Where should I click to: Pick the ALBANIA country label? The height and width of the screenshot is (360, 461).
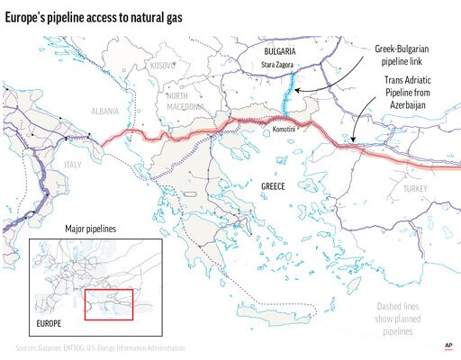(105, 111)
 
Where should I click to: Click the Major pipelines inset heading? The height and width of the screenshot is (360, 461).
(93, 229)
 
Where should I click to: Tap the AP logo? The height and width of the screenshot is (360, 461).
(447, 345)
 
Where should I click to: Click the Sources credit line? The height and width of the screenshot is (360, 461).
(99, 346)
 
